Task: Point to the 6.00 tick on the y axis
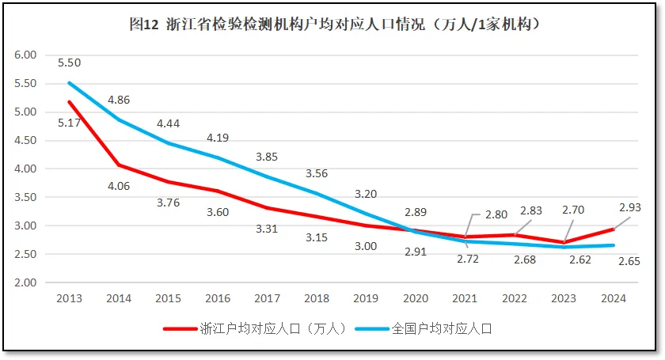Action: point(26,55)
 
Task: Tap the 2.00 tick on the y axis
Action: point(26,282)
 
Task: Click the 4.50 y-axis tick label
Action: point(26,140)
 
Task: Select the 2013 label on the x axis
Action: point(69,298)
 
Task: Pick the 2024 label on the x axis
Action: point(613,298)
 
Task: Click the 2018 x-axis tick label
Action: point(317,298)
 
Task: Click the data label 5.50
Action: point(69,63)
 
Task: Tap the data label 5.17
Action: point(69,123)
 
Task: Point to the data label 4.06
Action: point(119,187)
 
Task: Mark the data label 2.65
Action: point(613,261)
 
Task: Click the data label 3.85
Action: point(267,157)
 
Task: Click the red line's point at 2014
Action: point(119,165)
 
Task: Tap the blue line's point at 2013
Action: point(69,83)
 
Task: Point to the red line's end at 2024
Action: point(613,229)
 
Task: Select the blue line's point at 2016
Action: point(218,157)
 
